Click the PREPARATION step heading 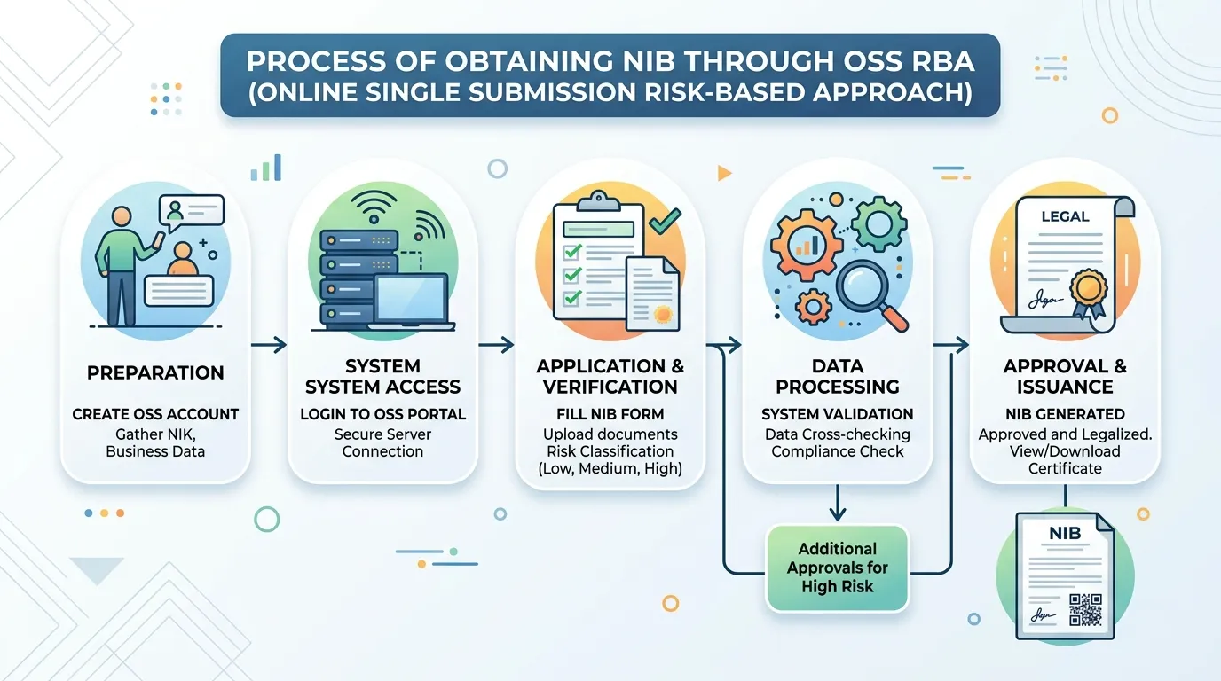(x=155, y=372)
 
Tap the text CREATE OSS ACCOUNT (x=155, y=414)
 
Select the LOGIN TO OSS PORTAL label (x=382, y=414)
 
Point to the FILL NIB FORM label (x=610, y=414)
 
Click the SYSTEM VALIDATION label (x=838, y=414)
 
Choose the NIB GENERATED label (x=1065, y=414)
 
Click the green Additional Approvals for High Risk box (x=838, y=567)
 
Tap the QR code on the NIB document (x=1085, y=610)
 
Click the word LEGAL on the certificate (x=1065, y=216)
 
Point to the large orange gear (x=805, y=244)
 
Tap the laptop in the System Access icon (x=412, y=301)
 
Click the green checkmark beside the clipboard (x=665, y=221)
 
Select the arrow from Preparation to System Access (x=269, y=345)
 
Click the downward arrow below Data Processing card (x=838, y=503)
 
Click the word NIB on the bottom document (x=1065, y=533)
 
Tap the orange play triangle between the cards (x=724, y=173)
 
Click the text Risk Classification (x=610, y=451)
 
